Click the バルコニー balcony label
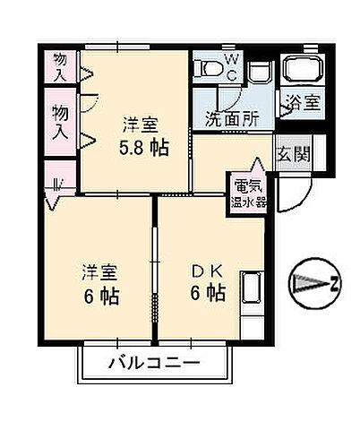[153, 364]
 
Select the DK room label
[207, 270]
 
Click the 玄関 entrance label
[292, 154]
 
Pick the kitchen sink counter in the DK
[252, 292]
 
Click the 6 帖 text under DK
[207, 293]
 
